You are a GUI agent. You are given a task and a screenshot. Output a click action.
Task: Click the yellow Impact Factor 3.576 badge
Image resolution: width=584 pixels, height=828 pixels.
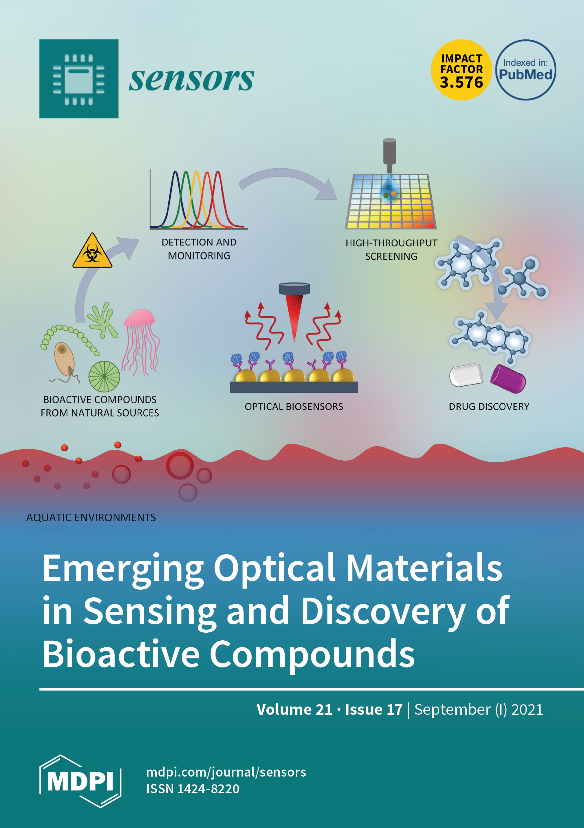click(461, 70)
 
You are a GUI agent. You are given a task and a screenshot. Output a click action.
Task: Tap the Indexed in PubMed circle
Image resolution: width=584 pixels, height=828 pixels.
click(526, 70)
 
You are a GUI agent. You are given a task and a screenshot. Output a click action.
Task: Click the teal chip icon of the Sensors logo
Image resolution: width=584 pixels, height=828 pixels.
click(79, 78)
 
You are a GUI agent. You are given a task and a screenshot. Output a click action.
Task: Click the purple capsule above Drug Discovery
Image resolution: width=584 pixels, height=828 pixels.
click(508, 379)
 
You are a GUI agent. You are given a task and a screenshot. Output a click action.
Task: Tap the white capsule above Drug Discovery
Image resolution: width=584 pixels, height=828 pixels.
click(466, 375)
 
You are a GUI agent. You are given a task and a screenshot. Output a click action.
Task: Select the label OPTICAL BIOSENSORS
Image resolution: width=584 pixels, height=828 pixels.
click(294, 407)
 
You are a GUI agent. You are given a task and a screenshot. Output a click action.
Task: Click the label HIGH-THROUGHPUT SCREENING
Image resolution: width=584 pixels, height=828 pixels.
click(391, 249)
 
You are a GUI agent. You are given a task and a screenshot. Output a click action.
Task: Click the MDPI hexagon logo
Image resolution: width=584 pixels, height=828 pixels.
click(80, 781)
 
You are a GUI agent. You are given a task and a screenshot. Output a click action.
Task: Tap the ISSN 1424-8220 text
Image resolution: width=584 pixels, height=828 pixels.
click(192, 789)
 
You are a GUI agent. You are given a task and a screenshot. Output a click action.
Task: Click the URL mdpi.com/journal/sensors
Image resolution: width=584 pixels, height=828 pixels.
click(226, 772)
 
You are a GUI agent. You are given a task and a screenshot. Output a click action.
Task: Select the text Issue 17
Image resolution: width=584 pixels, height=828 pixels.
click(374, 710)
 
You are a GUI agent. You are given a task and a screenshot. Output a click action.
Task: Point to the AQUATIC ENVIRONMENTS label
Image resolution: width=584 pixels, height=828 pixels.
click(91, 517)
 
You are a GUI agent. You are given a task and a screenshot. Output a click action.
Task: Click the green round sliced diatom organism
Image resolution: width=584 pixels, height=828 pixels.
click(104, 377)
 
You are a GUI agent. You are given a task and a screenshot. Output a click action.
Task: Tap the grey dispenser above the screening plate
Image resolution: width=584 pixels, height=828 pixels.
click(390, 153)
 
